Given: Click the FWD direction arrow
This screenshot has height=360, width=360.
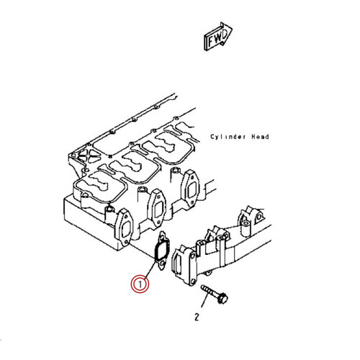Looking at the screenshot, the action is tap(217, 37).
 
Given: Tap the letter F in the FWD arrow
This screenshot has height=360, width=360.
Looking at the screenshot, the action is tap(211, 41).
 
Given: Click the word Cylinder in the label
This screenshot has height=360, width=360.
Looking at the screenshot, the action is tap(228, 137).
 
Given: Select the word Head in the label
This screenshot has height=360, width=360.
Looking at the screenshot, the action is tap(260, 137).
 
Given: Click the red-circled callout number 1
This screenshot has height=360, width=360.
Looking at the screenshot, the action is tap(140, 284).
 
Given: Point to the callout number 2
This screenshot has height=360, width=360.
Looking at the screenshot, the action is tap(197, 317).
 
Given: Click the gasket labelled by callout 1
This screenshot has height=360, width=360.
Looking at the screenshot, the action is tap(161, 251).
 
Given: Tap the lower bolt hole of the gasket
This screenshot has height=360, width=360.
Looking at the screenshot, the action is tap(163, 264).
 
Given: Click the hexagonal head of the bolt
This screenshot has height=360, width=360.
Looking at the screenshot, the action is tap(222, 298).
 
